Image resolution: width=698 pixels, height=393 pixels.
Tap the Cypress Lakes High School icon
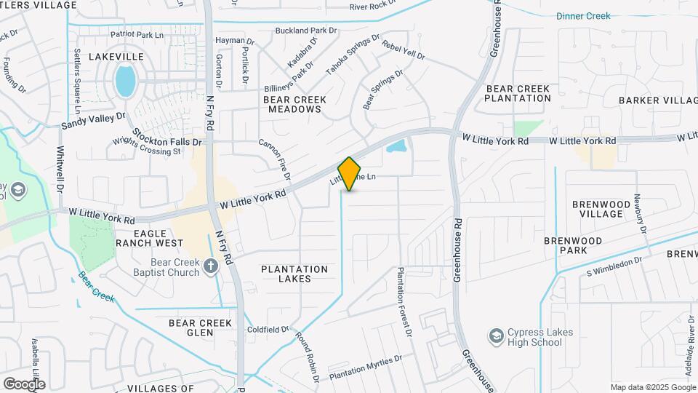pyautogui.click(x=496, y=336)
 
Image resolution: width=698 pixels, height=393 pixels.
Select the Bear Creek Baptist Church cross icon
pyautogui.click(x=211, y=266)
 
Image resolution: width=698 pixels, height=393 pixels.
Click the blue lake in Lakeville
pyautogui.click(x=125, y=81)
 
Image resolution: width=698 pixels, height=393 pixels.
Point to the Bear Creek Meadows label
pyautogui.click(x=294, y=104)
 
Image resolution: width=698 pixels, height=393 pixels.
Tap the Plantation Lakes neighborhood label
pyautogui.click(x=294, y=274)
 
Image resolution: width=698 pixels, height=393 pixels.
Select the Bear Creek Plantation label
pyautogui.click(x=518, y=93)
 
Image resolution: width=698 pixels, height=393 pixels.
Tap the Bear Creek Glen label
pyautogui.click(x=200, y=327)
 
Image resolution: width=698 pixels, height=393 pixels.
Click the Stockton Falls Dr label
pyautogui.click(x=167, y=141)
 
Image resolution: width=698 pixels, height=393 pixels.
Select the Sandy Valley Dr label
pyautogui.click(x=93, y=121)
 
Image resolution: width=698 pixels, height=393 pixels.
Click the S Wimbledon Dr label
pyautogui.click(x=614, y=266)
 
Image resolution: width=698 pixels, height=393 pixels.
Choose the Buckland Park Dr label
pyautogui.click(x=306, y=31)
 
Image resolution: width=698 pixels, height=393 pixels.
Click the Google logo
pyautogui.click(x=24, y=384)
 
